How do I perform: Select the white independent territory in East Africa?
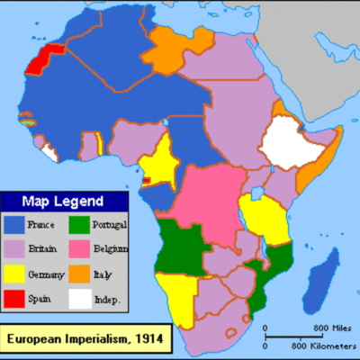coord(289,144)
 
